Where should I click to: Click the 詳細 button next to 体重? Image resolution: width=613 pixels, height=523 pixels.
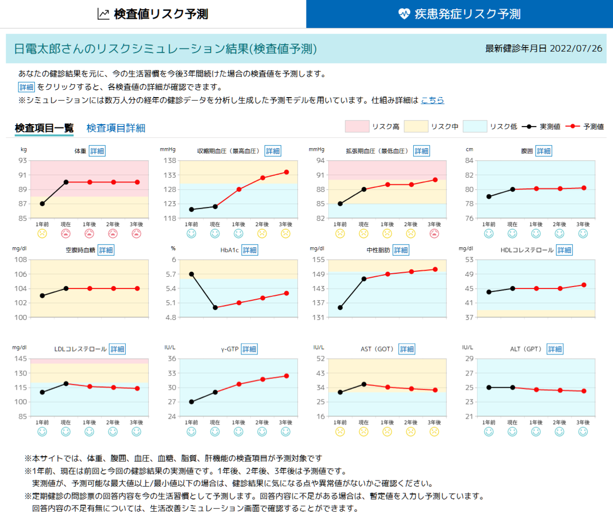pos(97,151)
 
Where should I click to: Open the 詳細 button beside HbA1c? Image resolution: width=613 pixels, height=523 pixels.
pos(249,250)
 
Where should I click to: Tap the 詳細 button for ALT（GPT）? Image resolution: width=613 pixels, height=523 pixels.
pos(555,349)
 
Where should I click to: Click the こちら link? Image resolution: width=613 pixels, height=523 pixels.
pos(432,100)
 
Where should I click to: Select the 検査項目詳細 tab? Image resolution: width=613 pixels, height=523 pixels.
pos(115,128)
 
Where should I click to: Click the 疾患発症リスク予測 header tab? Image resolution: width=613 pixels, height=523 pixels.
pos(459,14)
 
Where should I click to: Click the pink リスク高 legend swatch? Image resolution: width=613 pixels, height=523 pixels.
pos(357,126)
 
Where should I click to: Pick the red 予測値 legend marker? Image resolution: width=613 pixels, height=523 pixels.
pos(573,127)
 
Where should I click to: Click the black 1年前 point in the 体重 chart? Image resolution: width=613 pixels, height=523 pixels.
pos(42,204)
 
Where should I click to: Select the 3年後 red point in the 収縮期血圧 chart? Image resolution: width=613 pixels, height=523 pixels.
pos(287,172)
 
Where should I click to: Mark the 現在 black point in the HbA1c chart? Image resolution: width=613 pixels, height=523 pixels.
pos(215,308)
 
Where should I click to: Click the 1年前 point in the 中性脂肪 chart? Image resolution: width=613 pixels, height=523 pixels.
pos(340,308)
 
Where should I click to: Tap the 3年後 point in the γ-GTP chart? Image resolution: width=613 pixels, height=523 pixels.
pos(287,376)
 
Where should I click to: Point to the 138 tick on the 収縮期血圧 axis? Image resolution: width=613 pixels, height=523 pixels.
pos(170,160)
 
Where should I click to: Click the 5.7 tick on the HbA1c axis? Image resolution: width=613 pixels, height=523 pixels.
pos(171,274)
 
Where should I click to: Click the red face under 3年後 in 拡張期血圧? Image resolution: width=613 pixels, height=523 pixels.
pos(434,234)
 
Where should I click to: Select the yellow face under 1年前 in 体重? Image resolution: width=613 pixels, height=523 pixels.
pos(42,234)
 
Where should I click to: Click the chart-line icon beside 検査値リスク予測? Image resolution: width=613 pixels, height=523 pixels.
pos(104,14)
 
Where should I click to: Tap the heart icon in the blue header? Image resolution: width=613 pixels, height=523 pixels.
pos(404,14)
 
